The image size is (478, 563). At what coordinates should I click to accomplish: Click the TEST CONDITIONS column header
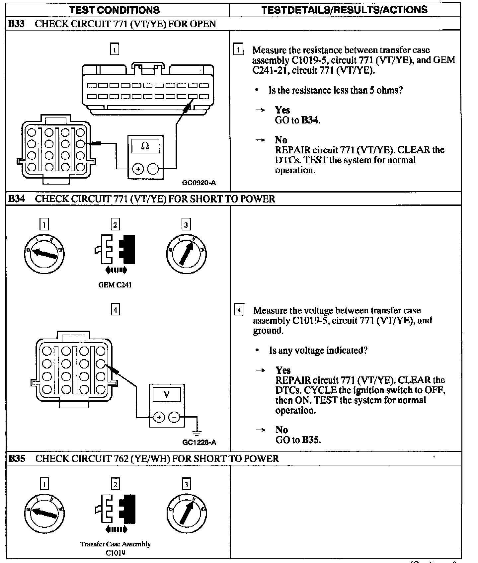click(x=115, y=10)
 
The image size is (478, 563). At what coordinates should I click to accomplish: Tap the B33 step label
click(x=16, y=24)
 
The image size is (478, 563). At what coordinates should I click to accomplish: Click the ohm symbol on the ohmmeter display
click(x=145, y=146)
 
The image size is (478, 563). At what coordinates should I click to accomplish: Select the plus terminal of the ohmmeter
click(x=138, y=169)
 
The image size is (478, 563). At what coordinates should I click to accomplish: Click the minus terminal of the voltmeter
click(x=174, y=417)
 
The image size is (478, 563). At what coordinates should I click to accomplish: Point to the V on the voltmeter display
click(x=167, y=394)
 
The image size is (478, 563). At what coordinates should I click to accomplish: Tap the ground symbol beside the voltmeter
click(x=197, y=433)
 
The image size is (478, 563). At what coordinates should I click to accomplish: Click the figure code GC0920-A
click(x=199, y=183)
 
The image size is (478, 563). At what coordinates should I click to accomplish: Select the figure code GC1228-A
click(x=199, y=442)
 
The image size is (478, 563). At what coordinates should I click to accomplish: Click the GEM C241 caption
click(x=115, y=285)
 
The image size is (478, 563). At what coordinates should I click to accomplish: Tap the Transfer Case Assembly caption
click(x=115, y=544)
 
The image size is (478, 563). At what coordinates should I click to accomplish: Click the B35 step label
click(x=17, y=458)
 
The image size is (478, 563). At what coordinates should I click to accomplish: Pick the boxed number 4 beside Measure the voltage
click(x=239, y=310)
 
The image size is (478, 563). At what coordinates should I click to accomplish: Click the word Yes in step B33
click(x=282, y=110)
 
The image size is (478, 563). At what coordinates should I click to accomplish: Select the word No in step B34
click(x=281, y=430)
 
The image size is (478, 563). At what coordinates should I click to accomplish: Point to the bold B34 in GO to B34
click(x=310, y=120)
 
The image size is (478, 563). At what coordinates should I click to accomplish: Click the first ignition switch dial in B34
click(x=44, y=254)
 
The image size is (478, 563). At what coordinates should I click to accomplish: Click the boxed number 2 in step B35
click(x=115, y=484)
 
